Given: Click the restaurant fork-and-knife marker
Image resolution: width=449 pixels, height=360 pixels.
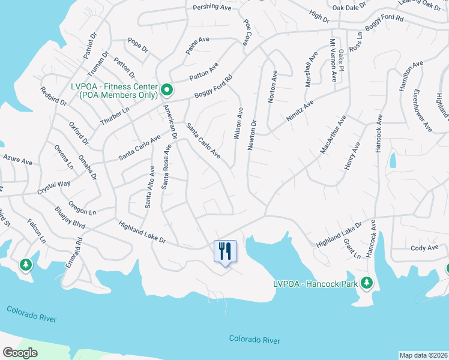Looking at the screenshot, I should (x=226, y=250).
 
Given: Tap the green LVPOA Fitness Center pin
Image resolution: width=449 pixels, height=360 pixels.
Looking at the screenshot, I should (x=167, y=91).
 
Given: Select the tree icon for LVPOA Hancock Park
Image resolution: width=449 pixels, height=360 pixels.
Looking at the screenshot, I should (x=366, y=283).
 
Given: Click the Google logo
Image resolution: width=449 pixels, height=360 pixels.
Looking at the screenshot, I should (x=20, y=353).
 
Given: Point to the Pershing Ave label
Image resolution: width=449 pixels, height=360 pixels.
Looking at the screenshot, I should (x=212, y=8).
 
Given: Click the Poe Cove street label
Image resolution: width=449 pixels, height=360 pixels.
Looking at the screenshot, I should (x=246, y=32).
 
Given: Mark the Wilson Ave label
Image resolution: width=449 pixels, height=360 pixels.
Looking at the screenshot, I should (x=239, y=124).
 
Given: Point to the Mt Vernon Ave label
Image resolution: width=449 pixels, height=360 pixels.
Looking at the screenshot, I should (x=332, y=61).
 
